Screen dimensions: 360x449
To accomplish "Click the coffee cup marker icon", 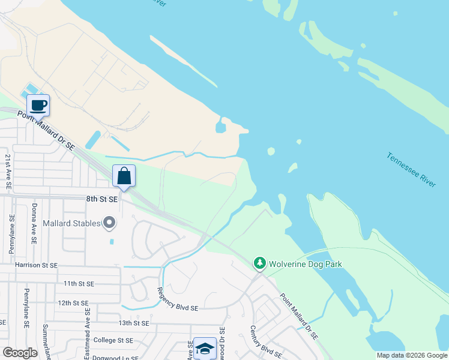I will (38, 105).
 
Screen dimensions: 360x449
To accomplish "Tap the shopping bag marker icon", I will (124, 176).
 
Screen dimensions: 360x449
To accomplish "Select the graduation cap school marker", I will (205, 349).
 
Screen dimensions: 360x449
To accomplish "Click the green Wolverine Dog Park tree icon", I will (259, 263).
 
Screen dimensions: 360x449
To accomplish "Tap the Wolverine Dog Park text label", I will (305, 263).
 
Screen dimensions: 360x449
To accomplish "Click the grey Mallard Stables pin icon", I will (109, 223).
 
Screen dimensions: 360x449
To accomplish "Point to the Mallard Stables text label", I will (71, 224).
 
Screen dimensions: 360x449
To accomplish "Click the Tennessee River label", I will (411, 170).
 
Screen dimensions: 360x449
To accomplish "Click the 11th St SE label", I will (79, 283).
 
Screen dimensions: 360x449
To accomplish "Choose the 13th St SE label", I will (133, 323).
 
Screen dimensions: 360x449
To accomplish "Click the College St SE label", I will (113, 340).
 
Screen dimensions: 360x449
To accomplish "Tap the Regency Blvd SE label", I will (177, 298).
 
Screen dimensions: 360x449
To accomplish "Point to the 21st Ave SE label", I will (8, 172).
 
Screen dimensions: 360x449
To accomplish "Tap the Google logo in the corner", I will (20, 352).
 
